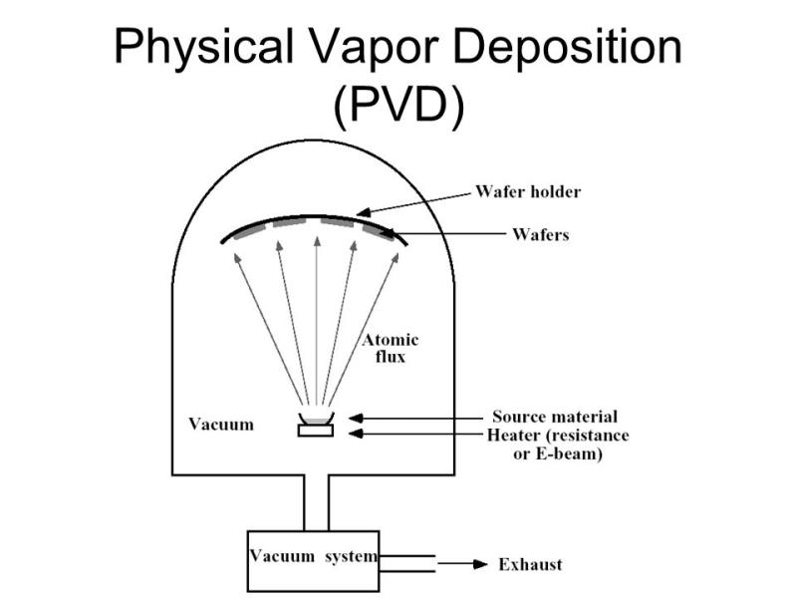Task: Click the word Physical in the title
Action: tap(203, 48)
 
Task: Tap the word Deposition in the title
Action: tap(567, 48)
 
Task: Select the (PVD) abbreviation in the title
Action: tap(398, 106)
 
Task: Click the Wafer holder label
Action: tap(528, 191)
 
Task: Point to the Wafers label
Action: tap(540, 234)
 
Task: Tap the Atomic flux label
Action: tap(391, 348)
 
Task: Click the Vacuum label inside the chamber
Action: tap(221, 425)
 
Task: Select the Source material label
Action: tap(555, 417)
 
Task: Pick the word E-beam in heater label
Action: tap(569, 453)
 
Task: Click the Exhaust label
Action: tap(530, 564)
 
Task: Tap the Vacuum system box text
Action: tap(313, 556)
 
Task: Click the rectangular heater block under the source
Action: tap(316, 431)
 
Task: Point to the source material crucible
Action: tap(316, 418)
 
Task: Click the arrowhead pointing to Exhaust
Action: tap(480, 564)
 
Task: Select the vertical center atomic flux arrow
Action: tap(317, 320)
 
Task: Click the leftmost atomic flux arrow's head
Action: tap(237, 258)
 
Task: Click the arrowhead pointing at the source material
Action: tap(356, 419)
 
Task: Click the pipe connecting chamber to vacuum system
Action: tap(316, 503)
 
